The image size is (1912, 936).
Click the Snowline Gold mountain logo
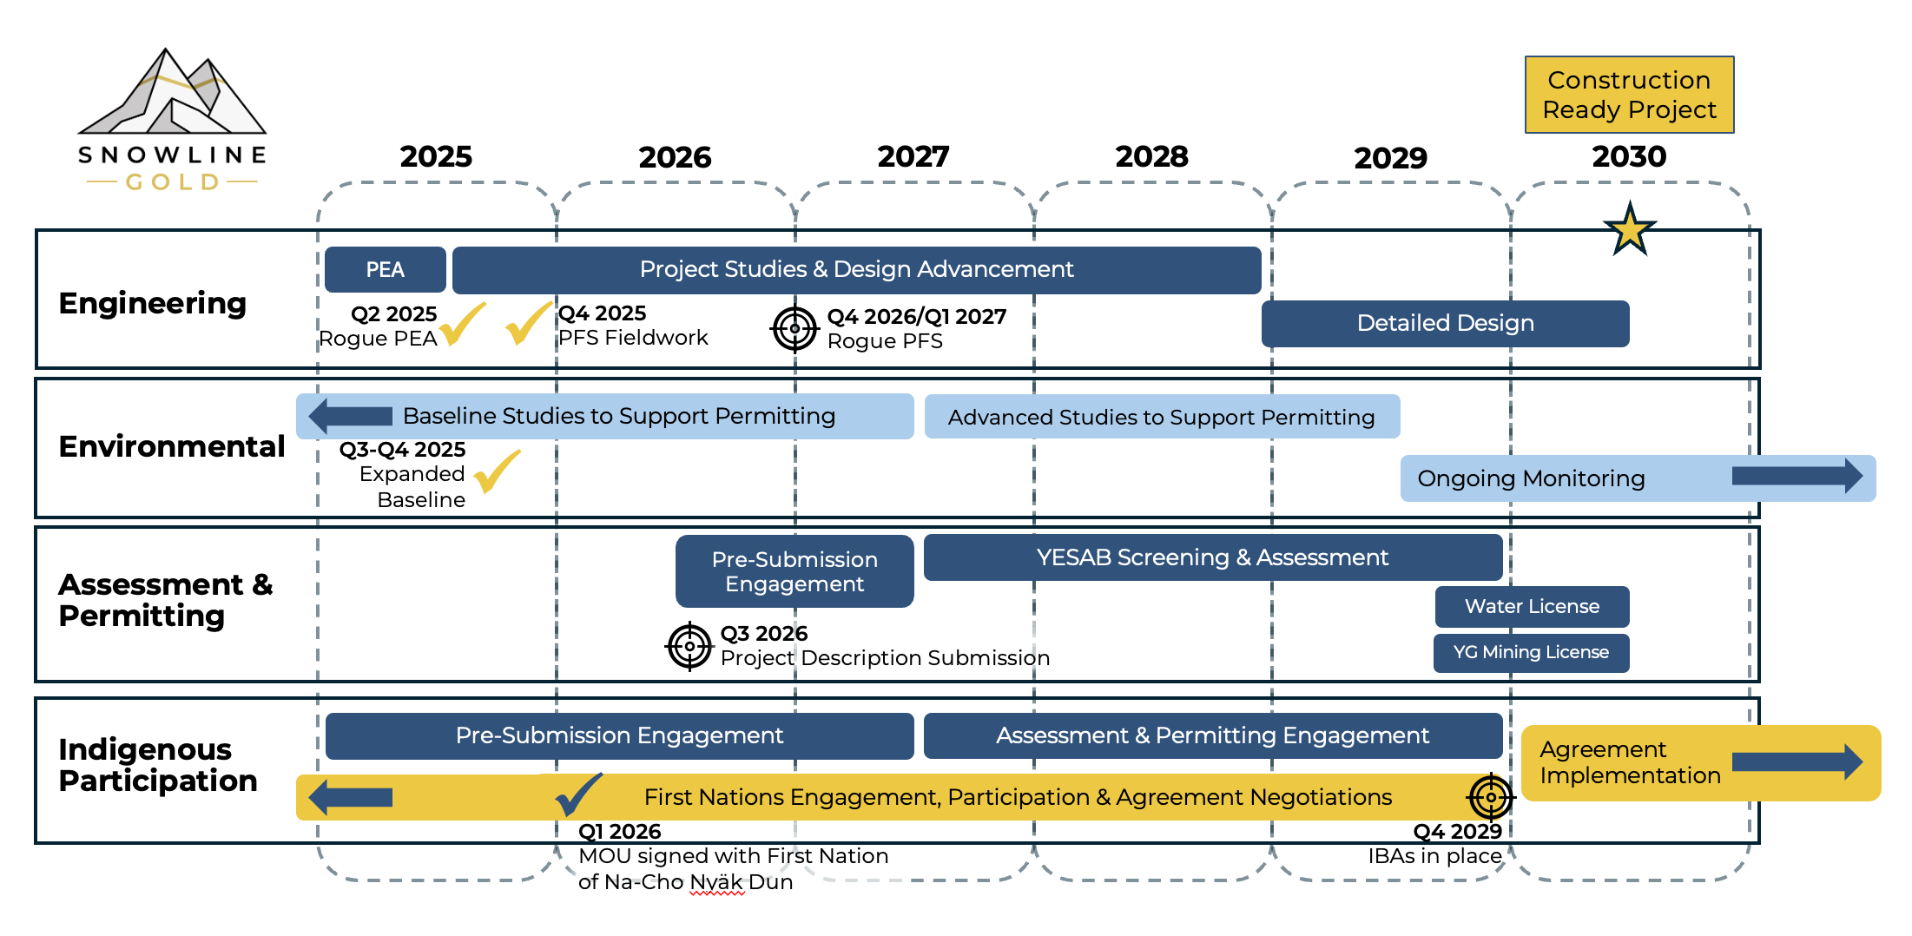pos(172,96)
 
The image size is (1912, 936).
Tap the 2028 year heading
pos(1151,157)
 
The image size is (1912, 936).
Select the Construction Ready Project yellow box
pos(1629,95)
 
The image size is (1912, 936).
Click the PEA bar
pos(385,270)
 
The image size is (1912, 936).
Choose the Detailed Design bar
pos(1445,323)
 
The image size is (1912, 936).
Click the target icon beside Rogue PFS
pos(794,329)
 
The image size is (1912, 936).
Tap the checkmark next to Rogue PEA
pos(462,324)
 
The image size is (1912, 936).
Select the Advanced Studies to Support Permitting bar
pos(1161,418)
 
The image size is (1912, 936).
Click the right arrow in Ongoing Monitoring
pos(1797,476)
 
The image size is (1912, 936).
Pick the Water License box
pos(1532,606)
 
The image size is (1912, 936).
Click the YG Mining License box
pos(1531,652)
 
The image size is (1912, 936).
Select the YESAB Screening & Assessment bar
pos(1212,557)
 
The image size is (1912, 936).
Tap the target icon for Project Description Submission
pos(689,646)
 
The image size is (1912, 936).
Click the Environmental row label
pos(171,446)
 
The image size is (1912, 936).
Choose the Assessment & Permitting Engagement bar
pos(1212,735)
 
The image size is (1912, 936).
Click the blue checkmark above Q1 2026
pos(578,794)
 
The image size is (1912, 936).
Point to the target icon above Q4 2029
pos(1491,796)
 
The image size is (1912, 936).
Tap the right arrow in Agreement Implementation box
pos(1797,761)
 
